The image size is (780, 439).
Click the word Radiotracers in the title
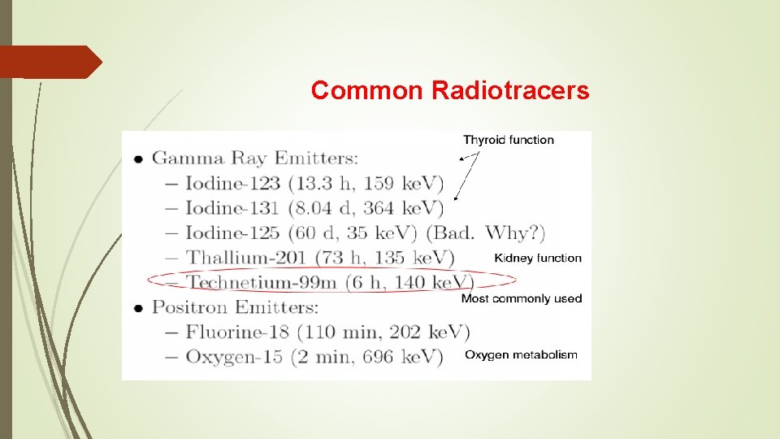coord(511,90)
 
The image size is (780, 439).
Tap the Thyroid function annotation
coord(509,140)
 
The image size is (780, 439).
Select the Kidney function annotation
coord(538,258)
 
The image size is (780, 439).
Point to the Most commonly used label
coord(522,298)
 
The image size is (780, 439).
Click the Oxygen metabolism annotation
coord(521,354)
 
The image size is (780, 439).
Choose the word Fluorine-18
coord(235,333)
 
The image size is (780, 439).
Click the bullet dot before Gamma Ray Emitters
coord(139,159)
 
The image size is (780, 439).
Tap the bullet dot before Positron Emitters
coord(139,308)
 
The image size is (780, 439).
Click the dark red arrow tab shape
coord(50,63)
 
